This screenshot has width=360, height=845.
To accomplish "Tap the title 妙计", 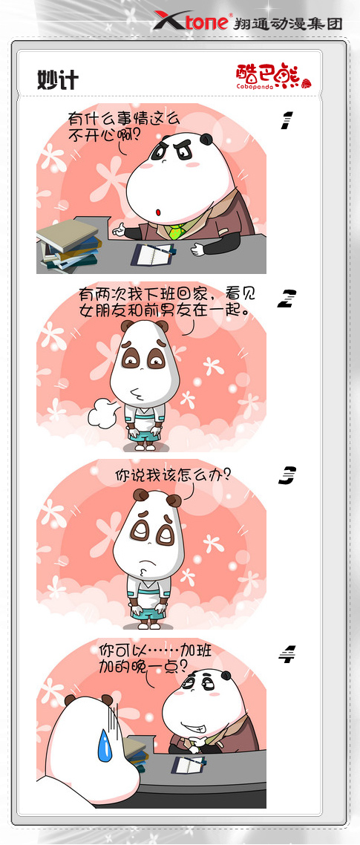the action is (x=58, y=80).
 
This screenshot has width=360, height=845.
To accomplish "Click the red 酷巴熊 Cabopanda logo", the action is (x=273, y=76).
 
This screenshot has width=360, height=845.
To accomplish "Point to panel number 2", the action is (x=287, y=298).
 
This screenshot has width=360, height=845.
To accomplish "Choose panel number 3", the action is (x=287, y=475).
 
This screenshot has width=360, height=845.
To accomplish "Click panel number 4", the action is (x=287, y=653).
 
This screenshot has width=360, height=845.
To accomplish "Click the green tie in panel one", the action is (x=177, y=231).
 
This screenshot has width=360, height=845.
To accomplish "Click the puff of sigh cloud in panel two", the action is (x=102, y=414).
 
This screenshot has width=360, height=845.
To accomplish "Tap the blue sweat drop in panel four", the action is (x=105, y=746).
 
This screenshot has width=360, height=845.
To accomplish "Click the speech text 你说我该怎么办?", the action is (x=173, y=475).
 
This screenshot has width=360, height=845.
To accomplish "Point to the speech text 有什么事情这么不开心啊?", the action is (x=123, y=125).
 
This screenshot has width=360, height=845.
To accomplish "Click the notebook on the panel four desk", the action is (x=189, y=765).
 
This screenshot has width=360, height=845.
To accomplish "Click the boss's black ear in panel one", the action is (x=206, y=140).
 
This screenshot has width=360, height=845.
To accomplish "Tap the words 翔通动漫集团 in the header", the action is (x=288, y=23).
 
